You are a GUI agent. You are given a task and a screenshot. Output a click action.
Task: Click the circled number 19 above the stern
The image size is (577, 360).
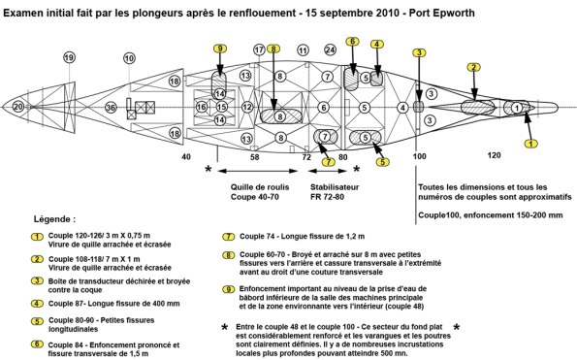point(69,57)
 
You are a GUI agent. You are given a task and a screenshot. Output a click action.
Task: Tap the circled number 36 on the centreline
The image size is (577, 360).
point(111,108)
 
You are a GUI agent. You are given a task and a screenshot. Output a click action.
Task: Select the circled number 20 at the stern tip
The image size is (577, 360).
point(18,107)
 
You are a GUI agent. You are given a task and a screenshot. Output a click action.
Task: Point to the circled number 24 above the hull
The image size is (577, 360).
point(330,49)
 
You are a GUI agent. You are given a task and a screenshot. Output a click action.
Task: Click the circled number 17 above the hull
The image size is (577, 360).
point(260,49)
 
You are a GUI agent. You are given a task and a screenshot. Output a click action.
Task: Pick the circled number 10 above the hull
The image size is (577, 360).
point(129,58)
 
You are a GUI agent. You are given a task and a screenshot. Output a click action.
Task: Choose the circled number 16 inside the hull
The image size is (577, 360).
point(202,107)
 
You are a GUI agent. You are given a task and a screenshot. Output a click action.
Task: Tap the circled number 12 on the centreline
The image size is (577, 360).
point(247,107)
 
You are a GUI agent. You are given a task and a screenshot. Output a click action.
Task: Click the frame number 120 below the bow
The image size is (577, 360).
point(494,155)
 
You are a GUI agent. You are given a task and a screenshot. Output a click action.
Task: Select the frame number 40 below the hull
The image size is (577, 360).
point(186,157)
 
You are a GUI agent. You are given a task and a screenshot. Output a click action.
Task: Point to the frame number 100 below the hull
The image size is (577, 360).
point(419,156)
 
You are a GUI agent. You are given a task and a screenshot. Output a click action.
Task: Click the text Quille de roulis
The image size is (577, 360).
point(260,187)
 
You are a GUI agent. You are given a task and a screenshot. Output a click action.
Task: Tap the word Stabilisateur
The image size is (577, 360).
point(335,187)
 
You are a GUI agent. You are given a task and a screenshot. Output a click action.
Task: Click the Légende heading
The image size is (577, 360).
point(55,219)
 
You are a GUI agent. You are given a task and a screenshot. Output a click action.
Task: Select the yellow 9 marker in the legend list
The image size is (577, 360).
point(229,289)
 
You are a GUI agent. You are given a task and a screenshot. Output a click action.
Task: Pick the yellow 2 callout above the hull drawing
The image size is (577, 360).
point(474,67)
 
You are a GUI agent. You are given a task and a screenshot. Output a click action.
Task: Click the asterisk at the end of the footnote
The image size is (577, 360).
point(457,327)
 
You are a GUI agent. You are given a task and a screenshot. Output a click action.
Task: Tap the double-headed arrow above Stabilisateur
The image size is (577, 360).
point(327,171)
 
